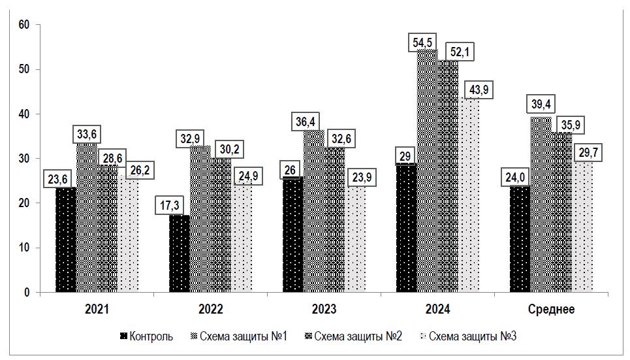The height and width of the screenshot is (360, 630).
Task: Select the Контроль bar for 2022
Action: tap(179, 254)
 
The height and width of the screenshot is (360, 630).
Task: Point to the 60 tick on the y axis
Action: tap(25, 25)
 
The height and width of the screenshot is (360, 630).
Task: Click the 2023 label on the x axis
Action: tap(324, 309)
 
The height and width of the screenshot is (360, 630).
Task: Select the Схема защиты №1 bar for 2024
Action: tap(427, 171)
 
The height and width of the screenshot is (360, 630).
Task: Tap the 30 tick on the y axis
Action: tap(25, 159)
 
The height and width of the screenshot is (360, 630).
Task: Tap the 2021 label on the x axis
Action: tap(97, 309)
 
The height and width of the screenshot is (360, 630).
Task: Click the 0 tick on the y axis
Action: tap(28, 293)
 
